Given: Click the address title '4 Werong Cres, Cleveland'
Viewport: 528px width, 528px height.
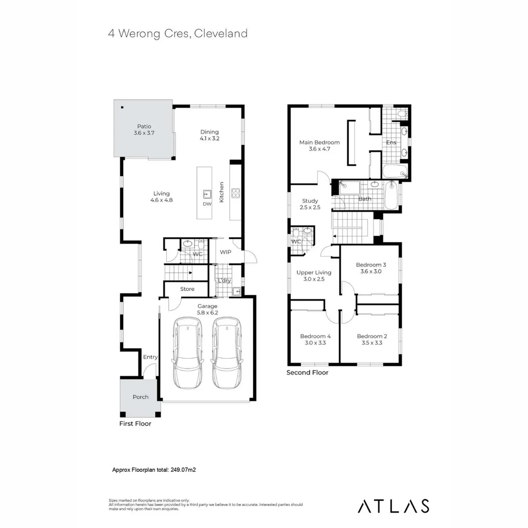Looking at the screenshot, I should point(177,33).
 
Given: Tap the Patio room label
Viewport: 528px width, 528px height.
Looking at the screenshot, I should point(144,130).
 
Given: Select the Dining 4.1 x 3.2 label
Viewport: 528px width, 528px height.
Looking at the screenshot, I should point(209,135).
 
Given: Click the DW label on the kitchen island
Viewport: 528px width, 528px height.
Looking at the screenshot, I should point(207,204).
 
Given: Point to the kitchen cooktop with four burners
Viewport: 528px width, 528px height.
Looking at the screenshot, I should point(235,193).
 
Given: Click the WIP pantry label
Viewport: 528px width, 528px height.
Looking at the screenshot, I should point(225,252).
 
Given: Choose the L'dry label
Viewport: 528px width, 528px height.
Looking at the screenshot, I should point(224,281).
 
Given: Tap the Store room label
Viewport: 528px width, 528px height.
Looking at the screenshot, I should point(187,289).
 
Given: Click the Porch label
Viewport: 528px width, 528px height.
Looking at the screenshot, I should point(140,396).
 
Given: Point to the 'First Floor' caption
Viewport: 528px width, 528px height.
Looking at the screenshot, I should point(135,424).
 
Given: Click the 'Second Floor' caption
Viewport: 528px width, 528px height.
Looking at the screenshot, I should point(307,373).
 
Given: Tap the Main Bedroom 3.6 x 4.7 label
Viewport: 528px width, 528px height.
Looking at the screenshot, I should point(319,146).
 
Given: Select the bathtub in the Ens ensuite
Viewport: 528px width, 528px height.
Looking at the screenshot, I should point(394,172).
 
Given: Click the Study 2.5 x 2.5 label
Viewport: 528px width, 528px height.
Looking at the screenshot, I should point(310,204).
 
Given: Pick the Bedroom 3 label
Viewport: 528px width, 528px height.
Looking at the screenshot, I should point(371,268).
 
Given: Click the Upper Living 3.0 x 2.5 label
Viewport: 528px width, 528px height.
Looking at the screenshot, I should point(314,275).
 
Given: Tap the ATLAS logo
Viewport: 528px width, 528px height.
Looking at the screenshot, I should point(394,506).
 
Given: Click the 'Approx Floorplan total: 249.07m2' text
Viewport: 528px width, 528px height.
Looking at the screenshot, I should point(154,469).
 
